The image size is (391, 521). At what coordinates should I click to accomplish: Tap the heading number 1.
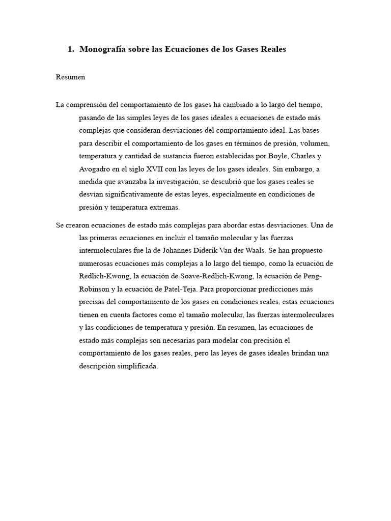[70, 49]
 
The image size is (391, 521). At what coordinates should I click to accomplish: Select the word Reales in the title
[272, 49]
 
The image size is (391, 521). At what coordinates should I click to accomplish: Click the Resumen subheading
[71, 77]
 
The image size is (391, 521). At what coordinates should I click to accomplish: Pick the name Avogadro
[96, 169]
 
